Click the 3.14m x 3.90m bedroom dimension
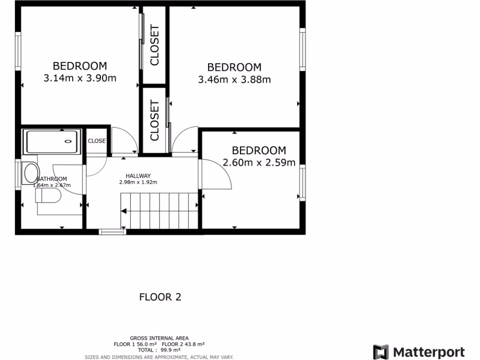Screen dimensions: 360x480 (x=80, y=78)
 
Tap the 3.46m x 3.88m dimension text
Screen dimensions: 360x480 (x=234, y=80)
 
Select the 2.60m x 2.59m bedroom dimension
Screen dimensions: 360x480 (x=259, y=163)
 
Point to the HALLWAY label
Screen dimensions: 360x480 (x=138, y=176)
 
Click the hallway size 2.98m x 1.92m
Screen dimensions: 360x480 (x=138, y=182)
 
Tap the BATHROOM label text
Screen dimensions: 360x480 (x=52, y=179)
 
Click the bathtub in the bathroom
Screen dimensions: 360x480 (x=52, y=142)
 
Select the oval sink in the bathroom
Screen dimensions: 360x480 (x=31, y=173)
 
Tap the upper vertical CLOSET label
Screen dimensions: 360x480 (x=154, y=45)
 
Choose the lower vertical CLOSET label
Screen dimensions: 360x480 (x=154, y=121)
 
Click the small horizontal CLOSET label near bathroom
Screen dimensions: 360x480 (x=97, y=141)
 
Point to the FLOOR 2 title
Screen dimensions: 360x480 (x=160, y=297)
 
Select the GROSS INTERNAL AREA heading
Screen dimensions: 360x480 (x=159, y=338)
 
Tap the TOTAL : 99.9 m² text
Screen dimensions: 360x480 (x=159, y=350)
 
